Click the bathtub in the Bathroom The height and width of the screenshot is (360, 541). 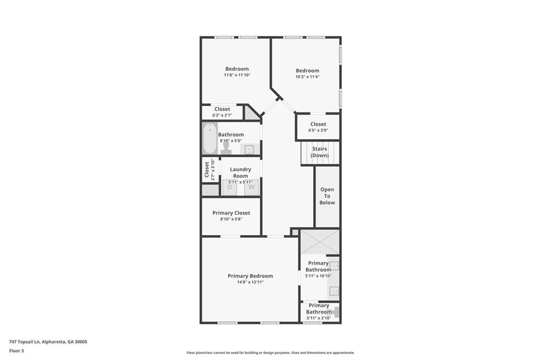(x=210, y=138)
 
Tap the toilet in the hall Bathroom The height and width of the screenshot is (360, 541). (x=226, y=148)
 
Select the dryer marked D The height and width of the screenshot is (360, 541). (x=229, y=187)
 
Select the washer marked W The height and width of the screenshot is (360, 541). (x=251, y=187)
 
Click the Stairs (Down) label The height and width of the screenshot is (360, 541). (x=320, y=152)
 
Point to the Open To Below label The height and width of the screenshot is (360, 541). (x=327, y=196)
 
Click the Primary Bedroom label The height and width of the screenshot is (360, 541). (x=250, y=276)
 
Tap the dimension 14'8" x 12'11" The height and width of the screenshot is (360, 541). (x=250, y=282)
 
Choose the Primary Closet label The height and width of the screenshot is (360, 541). (x=231, y=213)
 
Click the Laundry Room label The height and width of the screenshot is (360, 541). (x=240, y=173)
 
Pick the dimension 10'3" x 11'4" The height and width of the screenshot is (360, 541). (x=307, y=77)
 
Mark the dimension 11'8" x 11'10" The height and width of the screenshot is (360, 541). (x=237, y=75)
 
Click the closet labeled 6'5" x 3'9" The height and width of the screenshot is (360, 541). (x=318, y=127)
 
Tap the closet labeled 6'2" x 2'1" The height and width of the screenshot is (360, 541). (x=222, y=112)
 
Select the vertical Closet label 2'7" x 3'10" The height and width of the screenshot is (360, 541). (x=209, y=169)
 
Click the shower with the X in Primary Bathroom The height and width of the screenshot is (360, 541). (x=320, y=242)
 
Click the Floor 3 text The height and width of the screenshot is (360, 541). (x=16, y=350)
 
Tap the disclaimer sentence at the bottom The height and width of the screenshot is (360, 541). (x=270, y=353)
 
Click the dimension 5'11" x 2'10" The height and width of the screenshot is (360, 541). (x=319, y=318)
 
